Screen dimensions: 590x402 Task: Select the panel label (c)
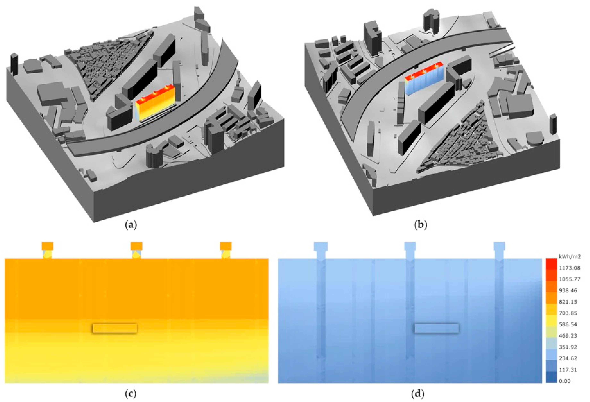coord(131,394)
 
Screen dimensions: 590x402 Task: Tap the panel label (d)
coord(418,394)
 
